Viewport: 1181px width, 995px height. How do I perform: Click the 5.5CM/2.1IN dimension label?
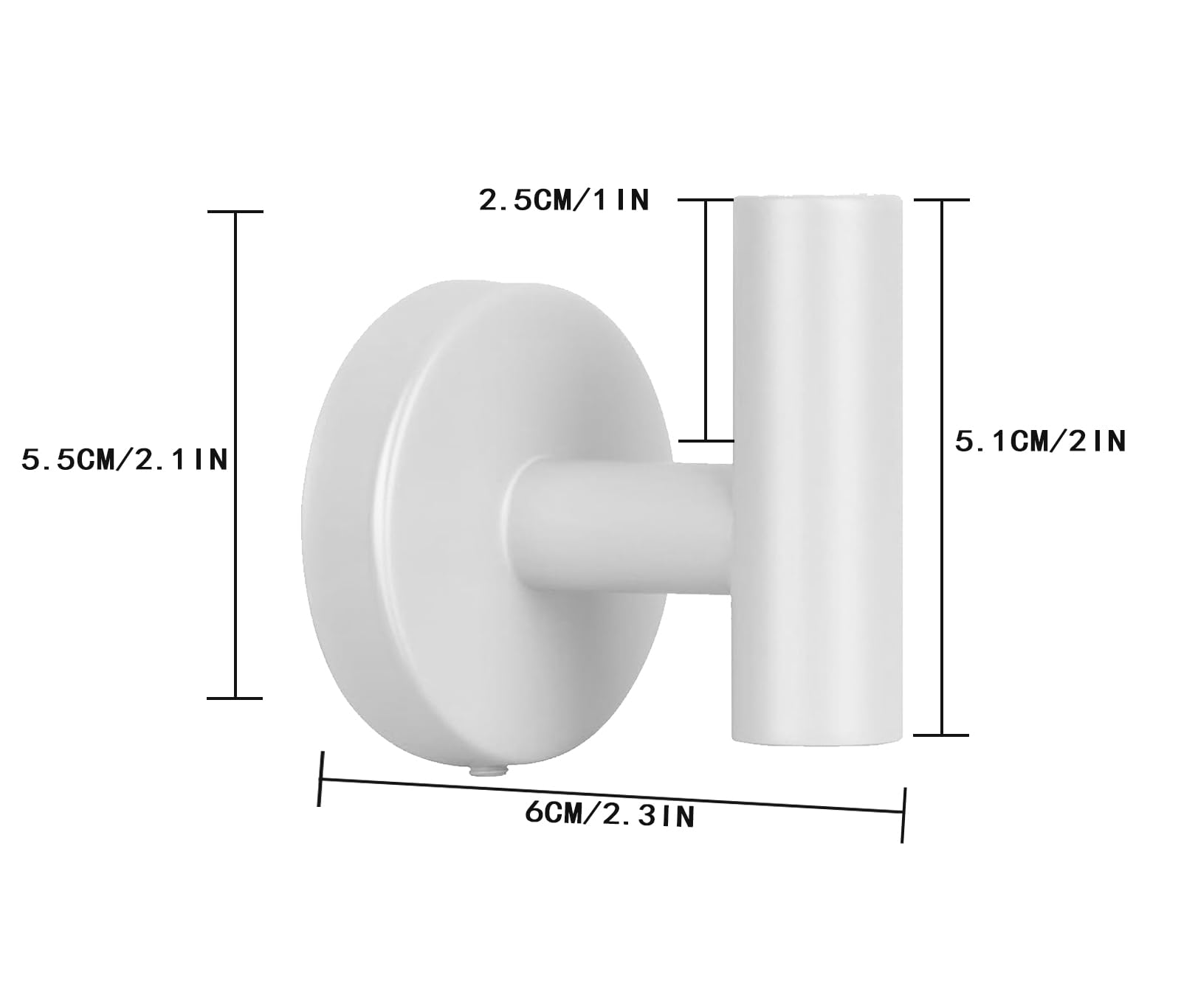125,460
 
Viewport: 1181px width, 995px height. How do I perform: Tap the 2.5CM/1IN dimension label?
565,200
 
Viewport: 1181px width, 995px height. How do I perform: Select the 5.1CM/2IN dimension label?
1041,441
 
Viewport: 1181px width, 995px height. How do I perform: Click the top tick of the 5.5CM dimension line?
235,212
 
